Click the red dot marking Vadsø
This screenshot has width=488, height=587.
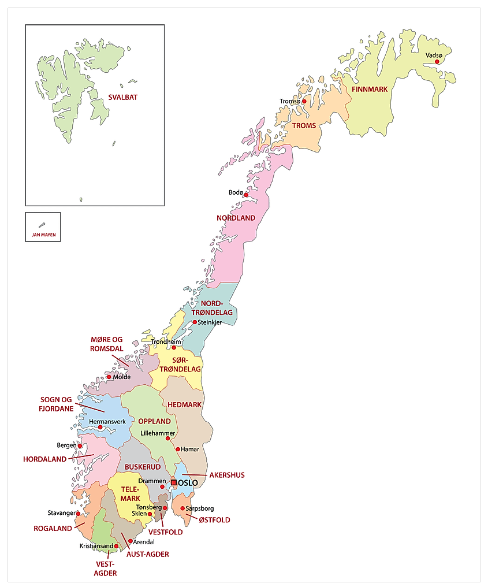[x=437, y=61]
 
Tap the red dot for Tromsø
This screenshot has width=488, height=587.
[x=304, y=101]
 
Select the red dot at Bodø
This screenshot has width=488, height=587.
[x=246, y=195]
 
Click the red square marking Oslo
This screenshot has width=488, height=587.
[x=173, y=482]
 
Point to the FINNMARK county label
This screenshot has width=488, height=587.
[x=370, y=89]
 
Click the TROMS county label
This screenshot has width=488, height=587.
[x=304, y=125]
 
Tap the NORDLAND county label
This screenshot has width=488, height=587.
[x=236, y=218]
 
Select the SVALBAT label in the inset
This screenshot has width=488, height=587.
[x=122, y=98]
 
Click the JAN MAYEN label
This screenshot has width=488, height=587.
[x=43, y=235]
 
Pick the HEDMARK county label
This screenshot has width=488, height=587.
[x=184, y=404]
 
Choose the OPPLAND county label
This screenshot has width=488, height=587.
[x=154, y=421]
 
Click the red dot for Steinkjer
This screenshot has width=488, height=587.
[x=195, y=322]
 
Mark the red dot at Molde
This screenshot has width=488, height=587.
[x=109, y=377]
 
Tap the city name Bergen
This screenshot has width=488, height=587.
[x=66, y=445]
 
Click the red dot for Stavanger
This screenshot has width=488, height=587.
[x=79, y=513]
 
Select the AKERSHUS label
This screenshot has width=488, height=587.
[x=226, y=475]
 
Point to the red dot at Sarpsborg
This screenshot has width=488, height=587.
[x=182, y=508]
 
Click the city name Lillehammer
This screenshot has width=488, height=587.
[x=158, y=433]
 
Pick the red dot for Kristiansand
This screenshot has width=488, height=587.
[x=116, y=545]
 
